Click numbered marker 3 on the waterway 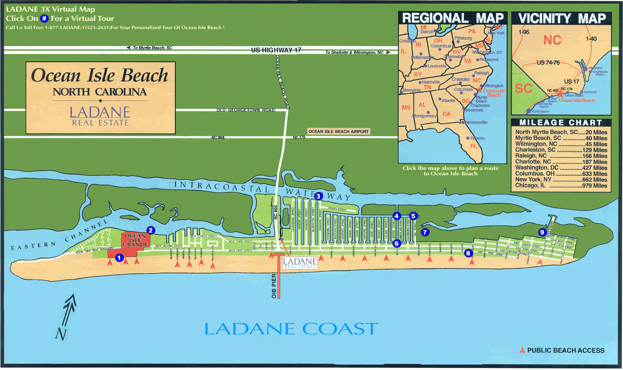click(318, 196)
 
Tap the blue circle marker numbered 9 click(542, 232)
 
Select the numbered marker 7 click(425, 232)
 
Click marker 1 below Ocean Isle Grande click(119, 258)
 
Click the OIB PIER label click(274, 286)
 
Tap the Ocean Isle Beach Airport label click(339, 132)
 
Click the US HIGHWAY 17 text click(276, 50)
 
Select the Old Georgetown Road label click(245, 110)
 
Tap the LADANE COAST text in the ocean click(291, 329)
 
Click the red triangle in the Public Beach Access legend click(522, 350)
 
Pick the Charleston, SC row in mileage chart click(561, 150)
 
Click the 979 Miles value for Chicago click(595, 186)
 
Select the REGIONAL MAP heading click(453, 18)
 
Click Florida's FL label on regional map click(473, 146)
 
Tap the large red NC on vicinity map click(552, 40)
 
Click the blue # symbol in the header click(44, 19)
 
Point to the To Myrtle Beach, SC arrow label click(150, 48)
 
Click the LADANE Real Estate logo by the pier click(300, 263)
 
